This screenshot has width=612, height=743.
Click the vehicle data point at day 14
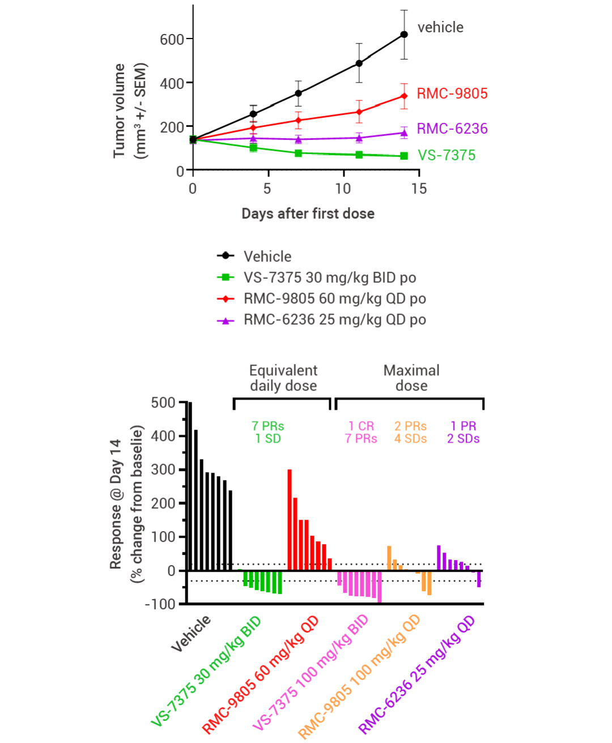pos(404,35)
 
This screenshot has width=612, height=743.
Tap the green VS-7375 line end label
pos(447,155)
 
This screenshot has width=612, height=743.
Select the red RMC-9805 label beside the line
pos(452,94)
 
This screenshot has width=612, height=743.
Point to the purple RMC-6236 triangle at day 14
pos(404,133)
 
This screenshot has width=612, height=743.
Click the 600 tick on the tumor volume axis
pos(172,40)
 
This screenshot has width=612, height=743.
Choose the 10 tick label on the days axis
pos(343,189)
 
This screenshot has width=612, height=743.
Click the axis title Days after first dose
pos(308,214)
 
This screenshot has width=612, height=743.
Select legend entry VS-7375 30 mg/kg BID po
pos(329,278)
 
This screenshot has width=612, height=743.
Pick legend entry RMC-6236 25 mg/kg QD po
pos(334,320)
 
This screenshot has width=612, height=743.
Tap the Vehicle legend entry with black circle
pos(267,256)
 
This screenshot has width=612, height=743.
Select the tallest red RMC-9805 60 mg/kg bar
pos(290,519)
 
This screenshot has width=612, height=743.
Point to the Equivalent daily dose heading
pos(283,378)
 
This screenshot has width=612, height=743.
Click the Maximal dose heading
pos(411,378)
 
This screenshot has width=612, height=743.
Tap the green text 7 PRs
pos(268,426)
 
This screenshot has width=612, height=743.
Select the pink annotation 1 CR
pos(361,426)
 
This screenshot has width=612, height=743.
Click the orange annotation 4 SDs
pos(410,439)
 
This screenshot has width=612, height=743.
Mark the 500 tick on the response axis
pos(163,403)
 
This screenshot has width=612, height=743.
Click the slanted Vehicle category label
pos(192,633)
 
